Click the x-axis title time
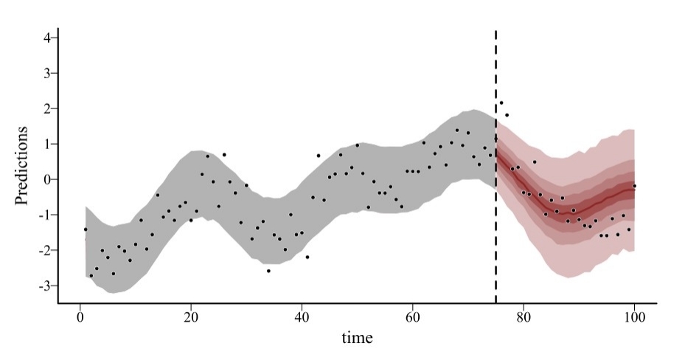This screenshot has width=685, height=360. [x=357, y=338]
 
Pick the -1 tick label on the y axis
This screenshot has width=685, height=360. [x=42, y=215]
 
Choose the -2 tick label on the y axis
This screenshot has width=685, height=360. [x=42, y=250]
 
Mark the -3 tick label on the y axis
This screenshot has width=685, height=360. [x=42, y=285]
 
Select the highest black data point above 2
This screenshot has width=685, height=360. [x=501, y=103]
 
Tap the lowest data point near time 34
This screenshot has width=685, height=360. [x=268, y=271]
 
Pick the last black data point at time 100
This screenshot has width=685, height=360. [x=634, y=186]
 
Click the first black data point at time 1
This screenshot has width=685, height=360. [x=86, y=229]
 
